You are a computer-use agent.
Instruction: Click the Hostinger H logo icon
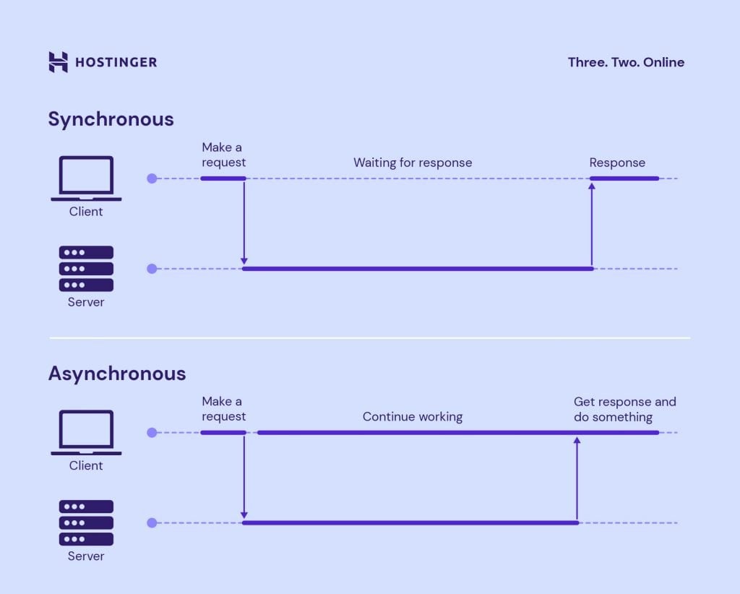click(59, 62)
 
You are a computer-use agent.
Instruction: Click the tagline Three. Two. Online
click(626, 62)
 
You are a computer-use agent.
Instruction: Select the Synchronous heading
click(111, 119)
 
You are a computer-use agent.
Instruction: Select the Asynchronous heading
click(117, 374)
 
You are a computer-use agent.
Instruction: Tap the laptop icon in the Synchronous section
click(86, 178)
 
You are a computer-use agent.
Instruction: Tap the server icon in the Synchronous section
click(86, 269)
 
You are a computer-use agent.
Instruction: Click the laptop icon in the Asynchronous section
click(86, 432)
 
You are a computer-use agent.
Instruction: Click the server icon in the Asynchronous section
click(86, 522)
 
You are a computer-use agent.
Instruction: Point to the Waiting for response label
click(413, 163)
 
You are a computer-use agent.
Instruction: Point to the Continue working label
click(413, 417)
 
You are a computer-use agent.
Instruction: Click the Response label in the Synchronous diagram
click(617, 163)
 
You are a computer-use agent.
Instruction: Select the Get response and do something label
click(624, 409)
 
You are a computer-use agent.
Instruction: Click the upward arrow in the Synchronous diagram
click(592, 224)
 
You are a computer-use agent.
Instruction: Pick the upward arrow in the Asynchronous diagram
click(577, 477)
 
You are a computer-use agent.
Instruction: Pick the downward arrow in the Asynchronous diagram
click(244, 477)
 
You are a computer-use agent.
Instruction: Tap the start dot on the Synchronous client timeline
click(152, 178)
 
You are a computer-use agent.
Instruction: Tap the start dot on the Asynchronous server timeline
click(152, 522)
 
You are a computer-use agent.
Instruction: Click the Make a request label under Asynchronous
click(223, 409)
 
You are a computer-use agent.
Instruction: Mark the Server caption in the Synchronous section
click(86, 302)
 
